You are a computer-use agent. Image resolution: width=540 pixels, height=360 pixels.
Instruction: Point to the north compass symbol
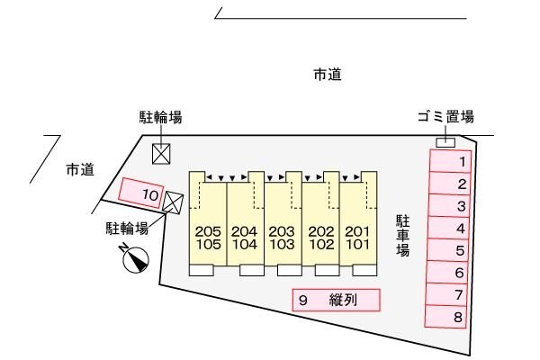[135, 259]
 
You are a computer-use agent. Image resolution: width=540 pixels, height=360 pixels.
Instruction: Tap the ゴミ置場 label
[445, 117]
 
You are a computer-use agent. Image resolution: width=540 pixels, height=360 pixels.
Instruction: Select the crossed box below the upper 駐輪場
[161, 153]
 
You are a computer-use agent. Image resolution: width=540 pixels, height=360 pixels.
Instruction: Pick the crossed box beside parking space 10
[173, 204]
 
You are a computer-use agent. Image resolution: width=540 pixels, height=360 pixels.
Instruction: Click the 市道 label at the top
[327, 76]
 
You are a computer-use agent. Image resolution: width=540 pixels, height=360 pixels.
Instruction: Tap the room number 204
[245, 230]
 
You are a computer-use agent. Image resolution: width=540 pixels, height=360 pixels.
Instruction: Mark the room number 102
[320, 244]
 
